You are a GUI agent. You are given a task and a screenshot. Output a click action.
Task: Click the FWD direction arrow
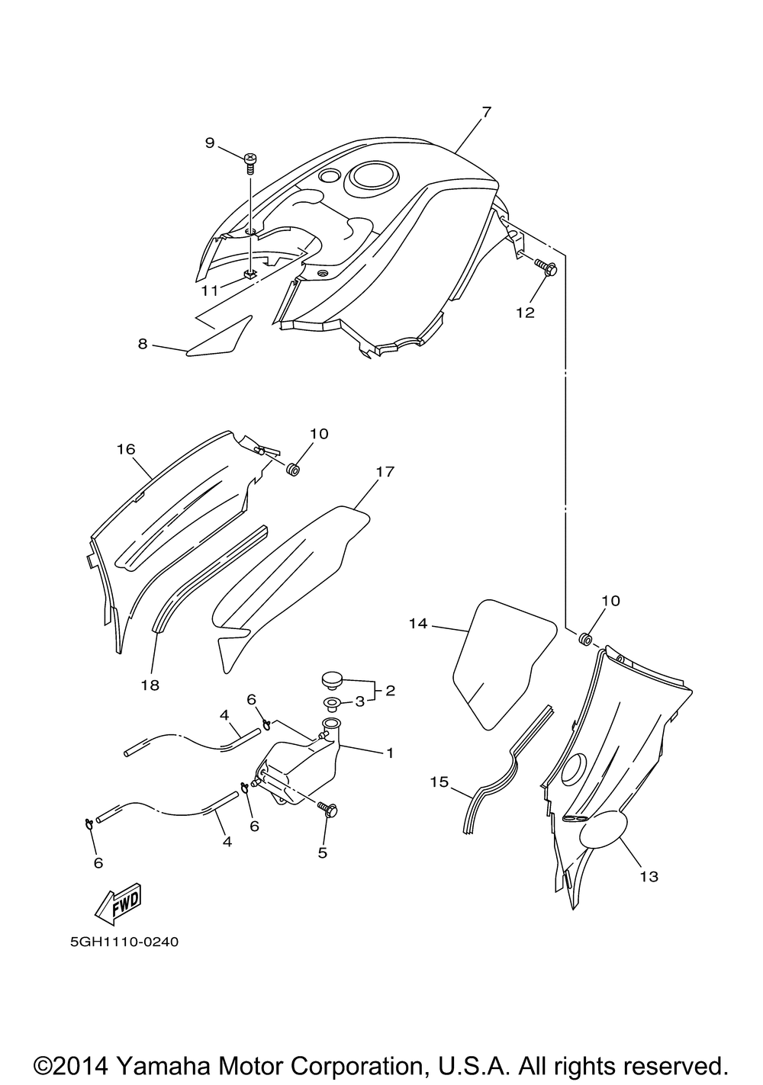(x=118, y=906)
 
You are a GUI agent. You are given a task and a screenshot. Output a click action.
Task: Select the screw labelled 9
(x=250, y=161)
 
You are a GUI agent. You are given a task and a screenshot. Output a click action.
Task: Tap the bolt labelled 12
(x=546, y=268)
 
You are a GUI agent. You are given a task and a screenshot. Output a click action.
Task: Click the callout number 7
(x=486, y=112)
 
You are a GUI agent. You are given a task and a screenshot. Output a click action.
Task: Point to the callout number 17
(x=385, y=472)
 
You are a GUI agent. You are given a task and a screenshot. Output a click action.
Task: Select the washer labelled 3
(x=332, y=701)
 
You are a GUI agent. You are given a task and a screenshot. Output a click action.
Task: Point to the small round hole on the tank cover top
(x=329, y=176)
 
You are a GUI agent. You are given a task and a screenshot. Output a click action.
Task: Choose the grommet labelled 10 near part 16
(x=293, y=467)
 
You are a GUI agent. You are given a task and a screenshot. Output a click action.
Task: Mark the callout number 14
(x=417, y=624)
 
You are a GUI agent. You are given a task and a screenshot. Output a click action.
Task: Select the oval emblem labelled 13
(x=604, y=832)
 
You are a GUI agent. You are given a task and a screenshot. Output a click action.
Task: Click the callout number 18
(x=150, y=685)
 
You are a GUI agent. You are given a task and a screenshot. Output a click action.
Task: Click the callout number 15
(x=438, y=782)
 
